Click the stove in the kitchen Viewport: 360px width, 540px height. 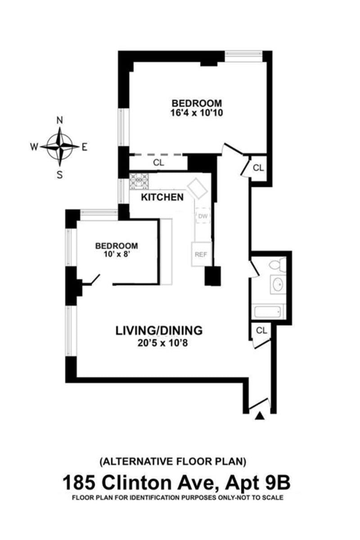click(x=139, y=181)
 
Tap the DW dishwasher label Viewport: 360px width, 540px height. click(x=203, y=216)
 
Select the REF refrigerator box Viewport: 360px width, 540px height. click(x=202, y=254)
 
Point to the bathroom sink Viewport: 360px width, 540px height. click(x=278, y=284)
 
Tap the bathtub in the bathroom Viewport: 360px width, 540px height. click(x=268, y=312)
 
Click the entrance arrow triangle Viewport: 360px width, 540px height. click(x=260, y=416)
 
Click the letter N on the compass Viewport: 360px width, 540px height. click(x=59, y=120)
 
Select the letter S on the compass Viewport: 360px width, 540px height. click(x=60, y=175)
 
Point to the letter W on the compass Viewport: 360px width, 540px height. click(x=34, y=147)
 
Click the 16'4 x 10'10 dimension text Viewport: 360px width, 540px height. click(x=197, y=113)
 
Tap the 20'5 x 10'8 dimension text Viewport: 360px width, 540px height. click(x=162, y=343)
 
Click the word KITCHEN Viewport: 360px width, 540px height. click(x=162, y=197)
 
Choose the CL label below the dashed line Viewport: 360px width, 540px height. click(x=158, y=163)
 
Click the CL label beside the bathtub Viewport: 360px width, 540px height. click(x=261, y=330)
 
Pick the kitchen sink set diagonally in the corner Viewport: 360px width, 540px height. click(x=197, y=188)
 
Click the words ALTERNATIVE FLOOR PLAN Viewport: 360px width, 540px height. click(x=173, y=461)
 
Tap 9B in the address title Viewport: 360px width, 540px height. click(x=278, y=482)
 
